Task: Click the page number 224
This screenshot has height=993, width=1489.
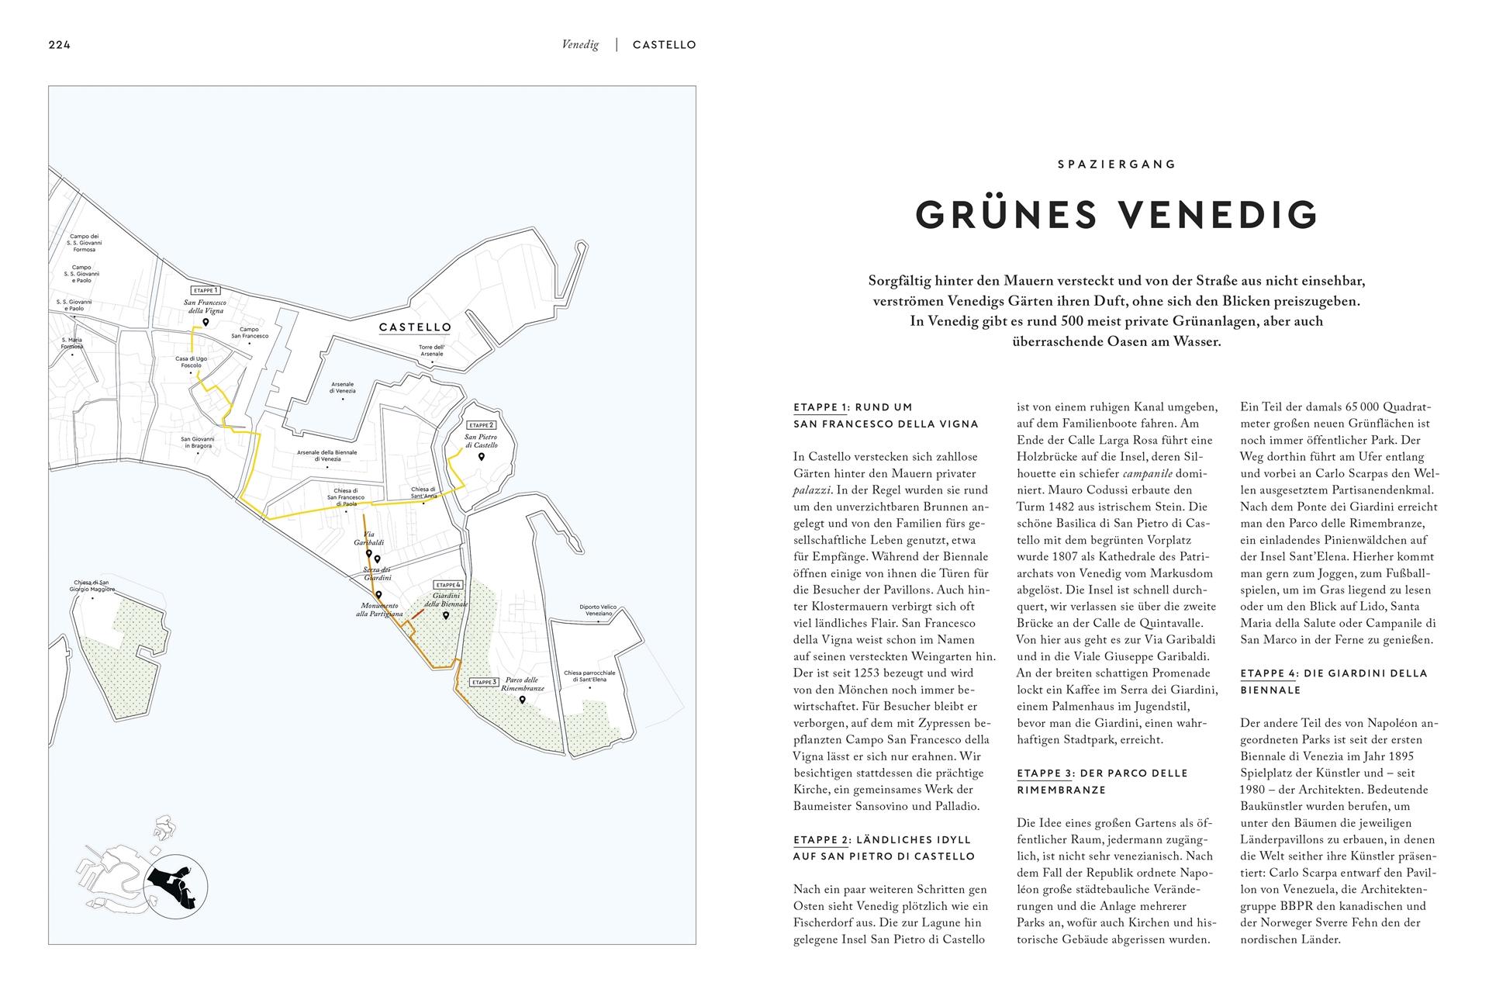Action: [x=60, y=45]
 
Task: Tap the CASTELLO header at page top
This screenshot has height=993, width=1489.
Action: [x=664, y=45]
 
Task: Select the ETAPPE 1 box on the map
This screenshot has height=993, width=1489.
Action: [x=206, y=289]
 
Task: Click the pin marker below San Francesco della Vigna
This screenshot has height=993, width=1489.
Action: [x=206, y=323]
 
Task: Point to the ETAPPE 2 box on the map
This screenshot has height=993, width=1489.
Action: [x=480, y=425]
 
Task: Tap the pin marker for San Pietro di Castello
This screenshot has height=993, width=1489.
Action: [x=481, y=458]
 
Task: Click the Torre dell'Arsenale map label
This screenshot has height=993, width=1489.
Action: [x=432, y=350]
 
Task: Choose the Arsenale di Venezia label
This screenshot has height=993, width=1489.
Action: [x=343, y=387]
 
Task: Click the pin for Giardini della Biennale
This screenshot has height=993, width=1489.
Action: [x=446, y=616]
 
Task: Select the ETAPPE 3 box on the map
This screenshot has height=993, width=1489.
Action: [x=484, y=683]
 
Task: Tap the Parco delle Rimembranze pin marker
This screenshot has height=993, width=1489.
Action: [x=522, y=700]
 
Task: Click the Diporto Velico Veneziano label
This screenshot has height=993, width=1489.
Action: [x=596, y=610]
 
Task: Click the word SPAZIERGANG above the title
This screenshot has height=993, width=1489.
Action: [x=1117, y=164]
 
